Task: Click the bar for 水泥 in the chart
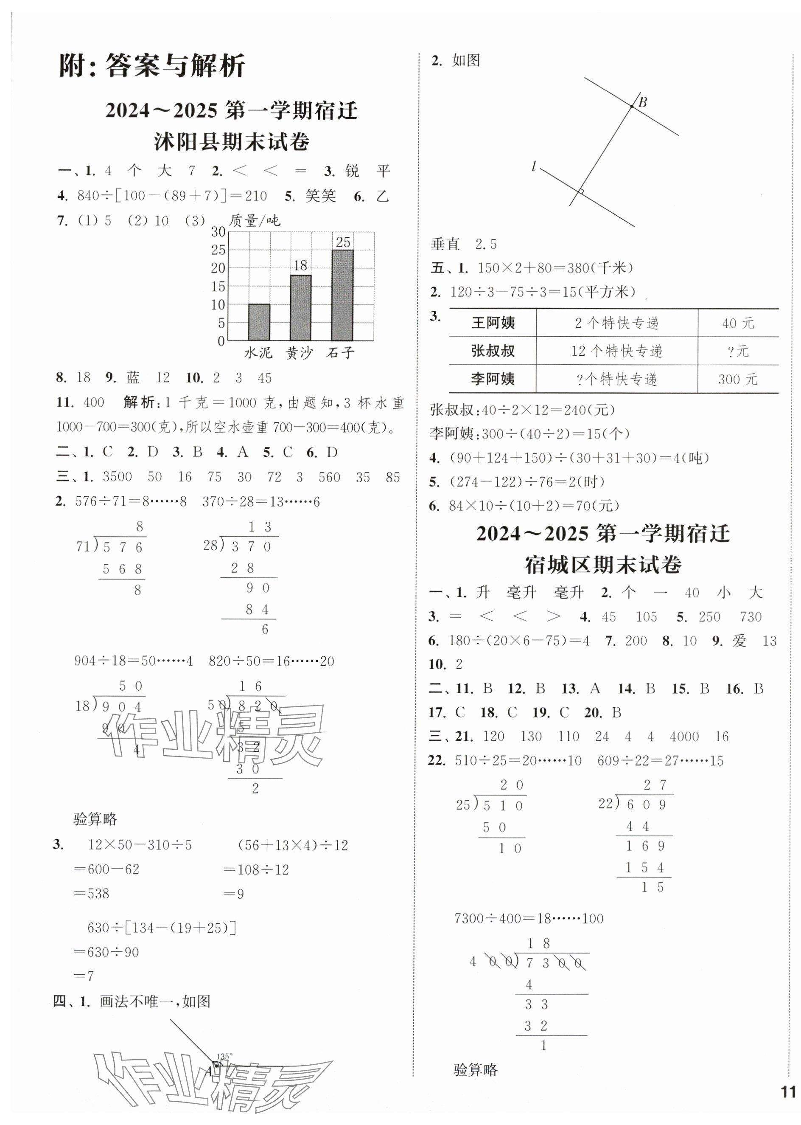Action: click(x=259, y=322)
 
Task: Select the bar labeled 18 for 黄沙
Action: click(x=300, y=307)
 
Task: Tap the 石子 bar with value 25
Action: click(x=342, y=295)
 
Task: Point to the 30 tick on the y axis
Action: click(x=218, y=232)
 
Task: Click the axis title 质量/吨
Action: click(x=255, y=221)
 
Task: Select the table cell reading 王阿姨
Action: click(x=493, y=323)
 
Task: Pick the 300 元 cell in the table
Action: click(x=737, y=380)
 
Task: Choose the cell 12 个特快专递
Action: click(x=616, y=352)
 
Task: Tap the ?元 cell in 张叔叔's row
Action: click(x=737, y=352)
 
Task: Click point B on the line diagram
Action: click(x=631, y=106)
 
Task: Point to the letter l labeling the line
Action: click(x=534, y=167)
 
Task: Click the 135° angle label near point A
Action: click(x=224, y=1056)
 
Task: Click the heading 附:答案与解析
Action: click(x=152, y=66)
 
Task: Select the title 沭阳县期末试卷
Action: click(x=231, y=142)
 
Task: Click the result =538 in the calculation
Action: click(x=91, y=893)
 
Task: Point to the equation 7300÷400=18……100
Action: click(x=529, y=918)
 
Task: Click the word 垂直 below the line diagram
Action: click(x=445, y=244)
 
